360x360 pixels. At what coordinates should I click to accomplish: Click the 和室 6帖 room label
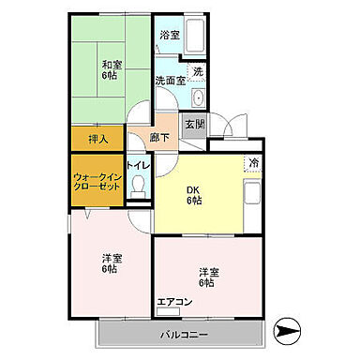tap(112, 70)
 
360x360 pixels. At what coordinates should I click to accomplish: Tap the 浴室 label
tap(169, 35)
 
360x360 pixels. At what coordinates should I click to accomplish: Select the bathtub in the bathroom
tap(194, 37)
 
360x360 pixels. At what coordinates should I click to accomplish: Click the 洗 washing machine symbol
tap(198, 70)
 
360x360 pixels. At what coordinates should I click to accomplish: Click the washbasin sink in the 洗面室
tap(198, 99)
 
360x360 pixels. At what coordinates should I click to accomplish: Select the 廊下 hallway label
tap(159, 137)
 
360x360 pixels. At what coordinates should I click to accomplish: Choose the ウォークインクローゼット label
tap(97, 180)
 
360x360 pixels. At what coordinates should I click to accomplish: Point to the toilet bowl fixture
tap(139, 187)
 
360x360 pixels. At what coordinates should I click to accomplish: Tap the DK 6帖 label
tap(193, 193)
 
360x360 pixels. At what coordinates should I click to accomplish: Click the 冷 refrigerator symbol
tap(252, 164)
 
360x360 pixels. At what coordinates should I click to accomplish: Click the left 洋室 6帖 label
tap(110, 263)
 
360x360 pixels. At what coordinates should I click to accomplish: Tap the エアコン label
tap(174, 301)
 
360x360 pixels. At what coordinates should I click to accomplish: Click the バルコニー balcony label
tap(175, 333)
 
